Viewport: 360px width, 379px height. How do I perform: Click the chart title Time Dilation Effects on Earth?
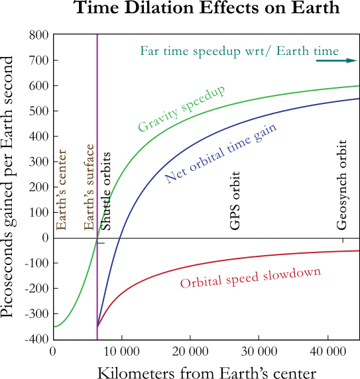click(207, 9)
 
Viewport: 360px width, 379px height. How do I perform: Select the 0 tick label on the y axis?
click(45, 237)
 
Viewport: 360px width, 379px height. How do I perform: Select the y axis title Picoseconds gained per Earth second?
click(9, 188)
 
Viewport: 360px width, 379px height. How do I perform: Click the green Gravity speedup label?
click(181, 108)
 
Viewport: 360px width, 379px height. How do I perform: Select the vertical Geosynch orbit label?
click(342, 184)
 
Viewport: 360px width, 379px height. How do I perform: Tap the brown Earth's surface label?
click(90, 188)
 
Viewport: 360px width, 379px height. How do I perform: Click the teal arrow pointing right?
click(336, 60)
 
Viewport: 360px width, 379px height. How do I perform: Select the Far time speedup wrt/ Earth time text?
click(239, 51)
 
